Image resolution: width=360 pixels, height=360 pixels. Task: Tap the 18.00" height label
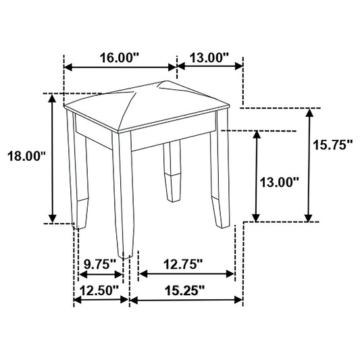[26, 156]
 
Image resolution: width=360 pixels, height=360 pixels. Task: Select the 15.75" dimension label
[333, 144]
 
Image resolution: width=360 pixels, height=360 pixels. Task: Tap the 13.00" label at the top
[209, 57]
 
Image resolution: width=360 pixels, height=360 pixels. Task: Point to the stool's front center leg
[123, 203]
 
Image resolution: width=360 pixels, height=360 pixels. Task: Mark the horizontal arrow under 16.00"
[120, 68]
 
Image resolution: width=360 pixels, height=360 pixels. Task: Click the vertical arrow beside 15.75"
[309, 164]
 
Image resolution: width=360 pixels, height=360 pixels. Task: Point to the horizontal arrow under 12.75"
[186, 274]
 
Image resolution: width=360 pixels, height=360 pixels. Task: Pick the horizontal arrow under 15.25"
[186, 301]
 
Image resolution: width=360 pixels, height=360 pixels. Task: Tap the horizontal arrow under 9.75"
[101, 274]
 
